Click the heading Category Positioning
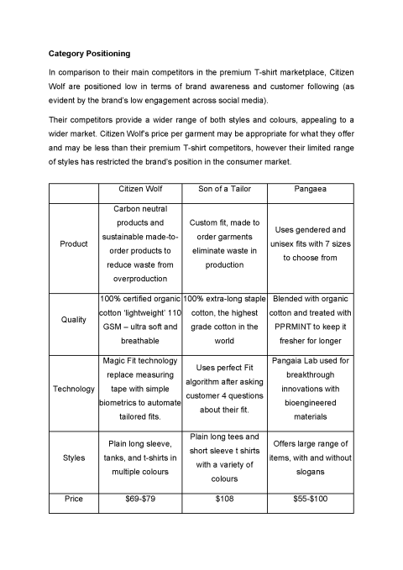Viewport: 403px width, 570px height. pos(88,54)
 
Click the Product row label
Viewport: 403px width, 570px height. pos(74,244)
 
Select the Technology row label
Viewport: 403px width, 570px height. pos(74,389)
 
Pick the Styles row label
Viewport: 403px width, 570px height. pos(74,458)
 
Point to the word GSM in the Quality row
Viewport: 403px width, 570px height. pos(112,327)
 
